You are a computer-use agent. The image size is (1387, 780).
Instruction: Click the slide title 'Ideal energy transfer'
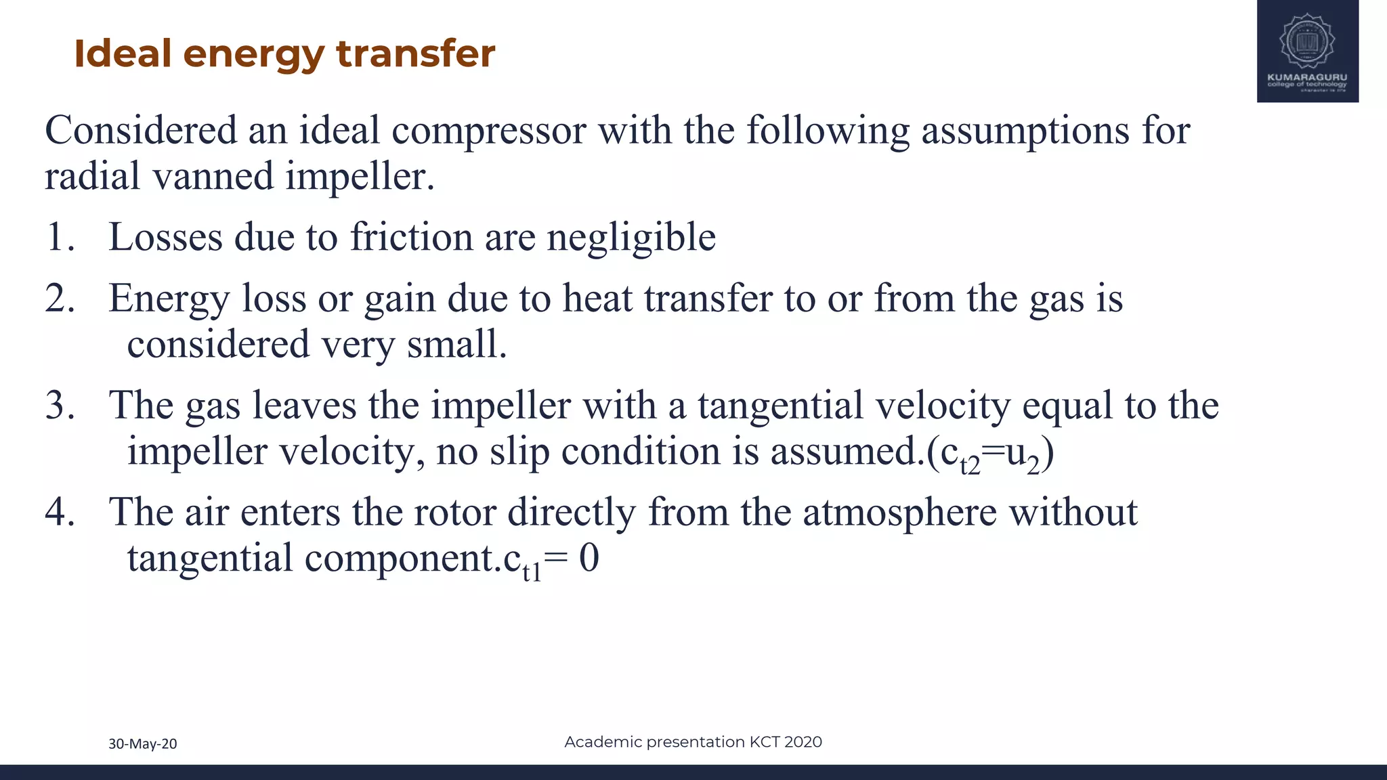pos(284,53)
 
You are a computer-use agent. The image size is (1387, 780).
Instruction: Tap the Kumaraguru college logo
pos(1307,51)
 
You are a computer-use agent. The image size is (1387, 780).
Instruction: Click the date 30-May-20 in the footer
pos(143,743)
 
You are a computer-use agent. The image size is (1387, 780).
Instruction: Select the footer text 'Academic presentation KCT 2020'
pos(693,741)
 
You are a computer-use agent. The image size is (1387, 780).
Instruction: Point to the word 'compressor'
pos(488,130)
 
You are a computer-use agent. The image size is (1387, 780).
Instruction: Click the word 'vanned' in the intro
pos(213,176)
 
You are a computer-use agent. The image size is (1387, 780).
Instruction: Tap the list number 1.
pos(60,237)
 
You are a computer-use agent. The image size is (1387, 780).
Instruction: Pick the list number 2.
pos(60,298)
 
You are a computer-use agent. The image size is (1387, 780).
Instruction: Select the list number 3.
pos(60,405)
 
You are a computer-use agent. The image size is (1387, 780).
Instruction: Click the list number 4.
pos(60,512)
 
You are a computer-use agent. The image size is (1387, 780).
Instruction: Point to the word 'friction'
pos(411,237)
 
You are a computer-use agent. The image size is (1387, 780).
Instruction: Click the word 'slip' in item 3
pos(519,452)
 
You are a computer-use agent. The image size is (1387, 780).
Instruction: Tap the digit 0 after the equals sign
pos(589,558)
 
